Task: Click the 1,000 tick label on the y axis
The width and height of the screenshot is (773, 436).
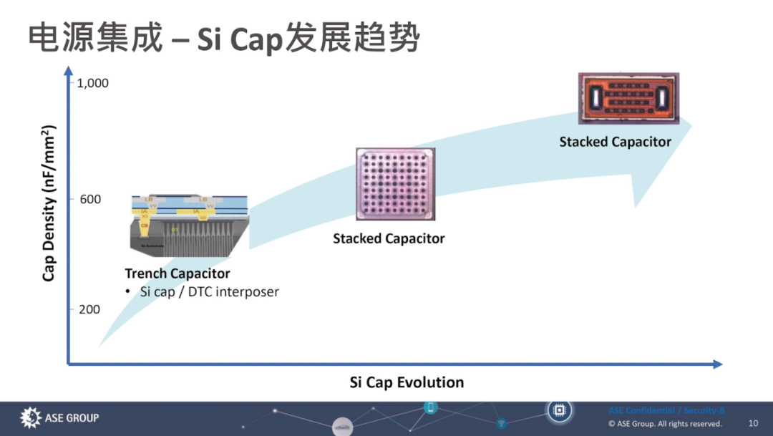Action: (92, 83)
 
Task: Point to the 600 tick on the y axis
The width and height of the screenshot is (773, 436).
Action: (89, 199)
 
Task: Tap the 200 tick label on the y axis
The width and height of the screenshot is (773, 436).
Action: (89, 309)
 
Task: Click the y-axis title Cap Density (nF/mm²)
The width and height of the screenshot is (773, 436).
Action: (49, 203)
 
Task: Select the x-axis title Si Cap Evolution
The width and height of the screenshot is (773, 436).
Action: (407, 382)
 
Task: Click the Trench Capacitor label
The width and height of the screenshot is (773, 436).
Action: (178, 273)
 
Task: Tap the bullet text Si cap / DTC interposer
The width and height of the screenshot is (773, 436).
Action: (209, 292)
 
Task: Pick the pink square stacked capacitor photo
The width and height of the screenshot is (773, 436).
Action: (395, 184)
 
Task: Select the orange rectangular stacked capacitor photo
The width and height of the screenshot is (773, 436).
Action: (628, 99)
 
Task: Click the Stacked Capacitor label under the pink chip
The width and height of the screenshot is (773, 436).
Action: (389, 238)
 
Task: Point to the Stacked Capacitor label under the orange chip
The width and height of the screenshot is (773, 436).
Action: (616, 142)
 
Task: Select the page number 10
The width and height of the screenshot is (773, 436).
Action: (753, 423)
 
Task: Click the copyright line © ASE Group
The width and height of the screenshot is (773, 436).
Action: (665, 424)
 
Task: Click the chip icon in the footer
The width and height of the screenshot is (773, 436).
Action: (559, 410)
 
